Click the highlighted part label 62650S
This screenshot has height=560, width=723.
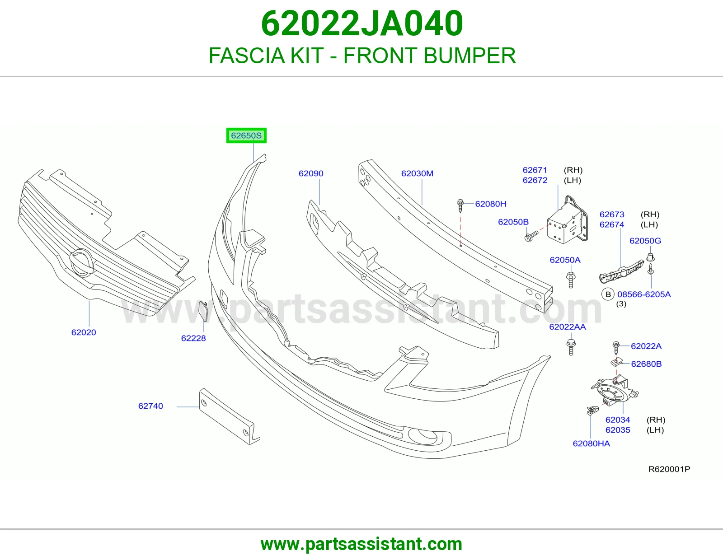point(246,135)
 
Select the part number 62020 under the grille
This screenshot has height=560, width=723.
point(84,332)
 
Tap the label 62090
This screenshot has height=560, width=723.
point(311,173)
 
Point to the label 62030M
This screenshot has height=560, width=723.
point(417,173)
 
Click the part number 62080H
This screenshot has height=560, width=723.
point(490,204)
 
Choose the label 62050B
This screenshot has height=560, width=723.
point(513,222)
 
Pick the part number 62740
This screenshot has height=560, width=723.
point(150,406)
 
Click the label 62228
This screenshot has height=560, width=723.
point(193,338)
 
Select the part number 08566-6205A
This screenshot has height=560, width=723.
point(644,294)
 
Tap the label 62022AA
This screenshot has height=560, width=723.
point(567,327)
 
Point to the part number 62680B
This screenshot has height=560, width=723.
point(646,364)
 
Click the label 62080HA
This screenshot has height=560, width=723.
point(591,443)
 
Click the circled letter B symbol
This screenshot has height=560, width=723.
point(608,294)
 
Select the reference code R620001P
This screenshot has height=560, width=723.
point(669,469)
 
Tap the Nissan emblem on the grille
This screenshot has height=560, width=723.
point(81,262)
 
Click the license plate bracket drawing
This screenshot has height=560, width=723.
point(230,416)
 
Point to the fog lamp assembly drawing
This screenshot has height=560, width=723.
point(615,392)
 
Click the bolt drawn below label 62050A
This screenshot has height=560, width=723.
point(571,280)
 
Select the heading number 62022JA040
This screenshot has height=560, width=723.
point(361,23)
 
